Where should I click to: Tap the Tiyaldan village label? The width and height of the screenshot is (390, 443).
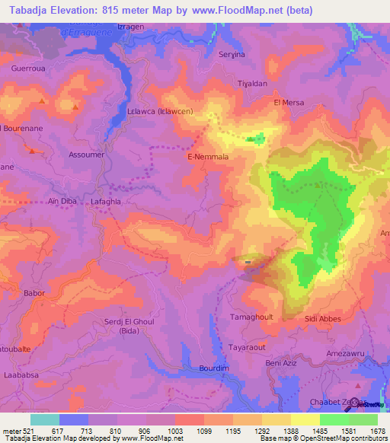coord(252,84)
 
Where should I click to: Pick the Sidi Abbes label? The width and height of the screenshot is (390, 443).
coord(322,320)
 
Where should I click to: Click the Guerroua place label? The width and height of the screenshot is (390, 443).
coord(27,68)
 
